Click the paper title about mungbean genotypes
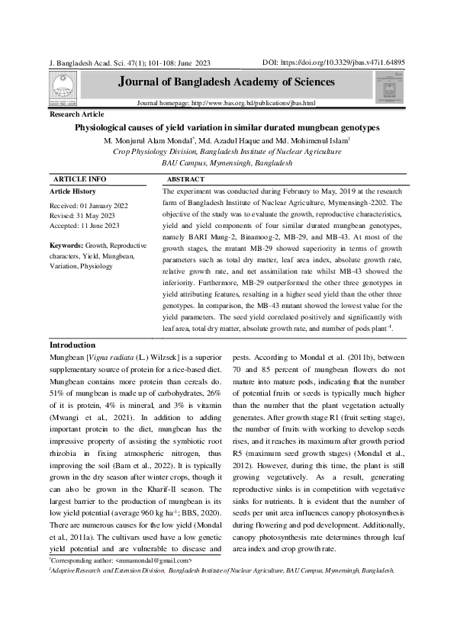click(x=227, y=128)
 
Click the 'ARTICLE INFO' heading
click(x=80, y=178)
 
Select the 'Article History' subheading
click(x=73, y=191)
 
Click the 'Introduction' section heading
click(x=72, y=345)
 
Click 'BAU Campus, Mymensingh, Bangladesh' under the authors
click(x=227, y=163)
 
